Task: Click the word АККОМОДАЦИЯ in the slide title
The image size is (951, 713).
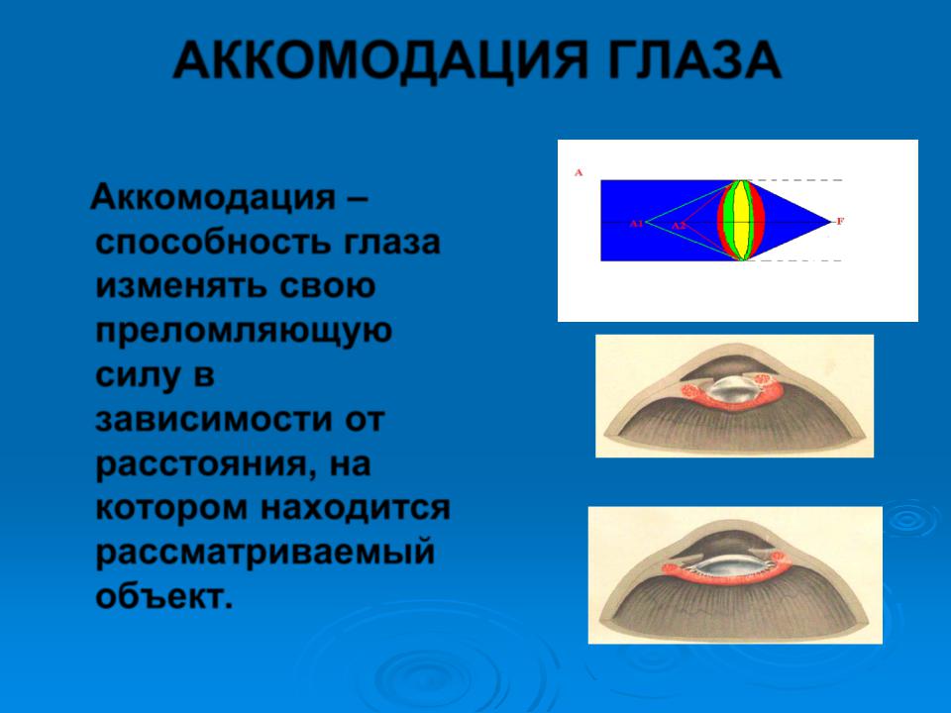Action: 380,60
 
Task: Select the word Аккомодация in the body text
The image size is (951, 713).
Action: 213,198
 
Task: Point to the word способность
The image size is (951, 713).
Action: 213,243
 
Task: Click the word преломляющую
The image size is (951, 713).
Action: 244,332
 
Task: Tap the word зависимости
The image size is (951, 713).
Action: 207,420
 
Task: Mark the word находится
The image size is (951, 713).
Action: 356,508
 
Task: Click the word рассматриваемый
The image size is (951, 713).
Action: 265,553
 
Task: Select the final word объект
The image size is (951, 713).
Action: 164,596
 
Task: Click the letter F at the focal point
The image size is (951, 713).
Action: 840,221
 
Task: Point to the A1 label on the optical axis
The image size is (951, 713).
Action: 636,223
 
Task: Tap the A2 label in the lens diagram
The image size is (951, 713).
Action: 678,226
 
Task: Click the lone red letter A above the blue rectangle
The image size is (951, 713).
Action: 578,172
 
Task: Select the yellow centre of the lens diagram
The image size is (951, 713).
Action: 741,221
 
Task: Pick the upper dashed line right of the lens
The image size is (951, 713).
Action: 795,180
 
